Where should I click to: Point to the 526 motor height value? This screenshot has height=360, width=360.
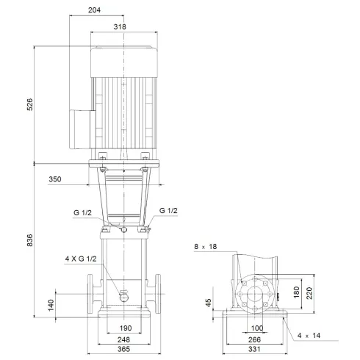pyautogui.click(x=30, y=104)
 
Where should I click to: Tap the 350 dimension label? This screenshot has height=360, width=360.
pyautogui.click(x=75, y=179)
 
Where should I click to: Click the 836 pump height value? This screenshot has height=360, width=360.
pyautogui.click(x=30, y=241)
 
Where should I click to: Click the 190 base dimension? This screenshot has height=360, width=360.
pyautogui.click(x=124, y=327)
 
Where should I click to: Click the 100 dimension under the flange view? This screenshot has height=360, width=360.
pyautogui.click(x=256, y=327)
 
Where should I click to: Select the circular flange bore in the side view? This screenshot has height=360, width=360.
pyautogui.click(x=256, y=295)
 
